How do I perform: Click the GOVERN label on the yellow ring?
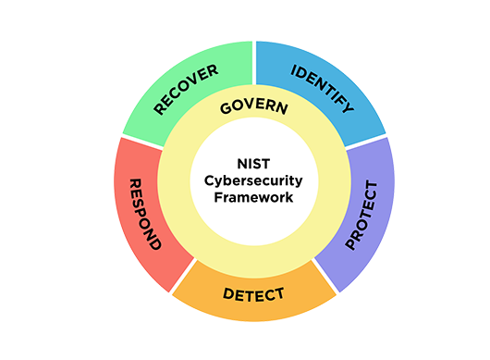point(253,107)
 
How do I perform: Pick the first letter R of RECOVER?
point(160,111)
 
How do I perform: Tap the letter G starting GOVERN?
point(225,112)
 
